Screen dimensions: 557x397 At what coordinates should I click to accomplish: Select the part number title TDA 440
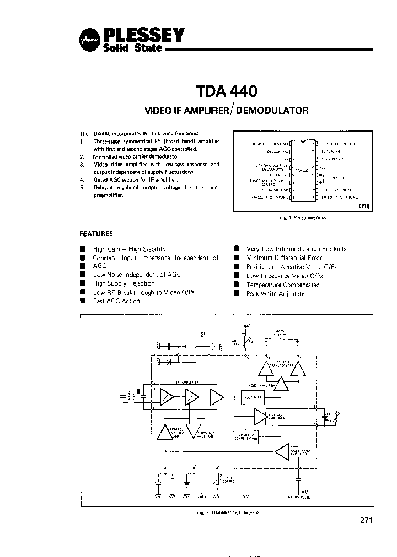[x=226, y=90]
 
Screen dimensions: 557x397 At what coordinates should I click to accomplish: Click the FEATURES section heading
[x=96, y=233]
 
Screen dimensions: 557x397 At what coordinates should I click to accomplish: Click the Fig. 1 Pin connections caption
[x=303, y=218]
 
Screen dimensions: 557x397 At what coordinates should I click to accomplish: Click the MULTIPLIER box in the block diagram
[x=250, y=396]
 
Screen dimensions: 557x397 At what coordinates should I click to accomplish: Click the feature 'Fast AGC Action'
[x=116, y=301]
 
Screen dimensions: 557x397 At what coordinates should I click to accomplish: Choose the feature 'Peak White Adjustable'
[x=277, y=294]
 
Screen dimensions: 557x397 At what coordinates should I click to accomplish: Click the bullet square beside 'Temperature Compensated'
[x=236, y=285]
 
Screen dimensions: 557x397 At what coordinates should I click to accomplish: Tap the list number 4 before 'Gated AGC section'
[x=81, y=180]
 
